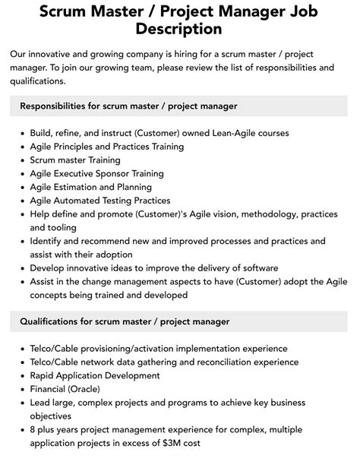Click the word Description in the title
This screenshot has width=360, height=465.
point(180,29)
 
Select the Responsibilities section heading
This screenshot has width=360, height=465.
point(128,106)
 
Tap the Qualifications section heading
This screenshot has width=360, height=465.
point(125,321)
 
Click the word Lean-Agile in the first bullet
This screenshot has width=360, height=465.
point(211,133)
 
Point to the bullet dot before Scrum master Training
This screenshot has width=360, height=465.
point(21,160)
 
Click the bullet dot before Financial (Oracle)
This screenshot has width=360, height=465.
point(21,390)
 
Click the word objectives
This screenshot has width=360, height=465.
point(54,416)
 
